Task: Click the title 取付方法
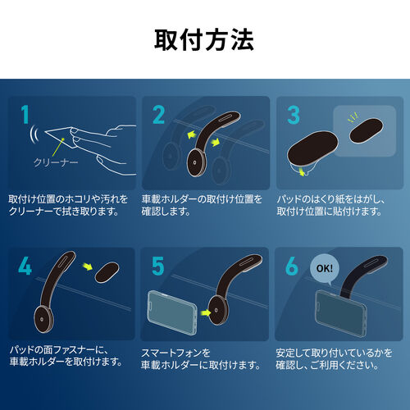(x=204, y=39)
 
